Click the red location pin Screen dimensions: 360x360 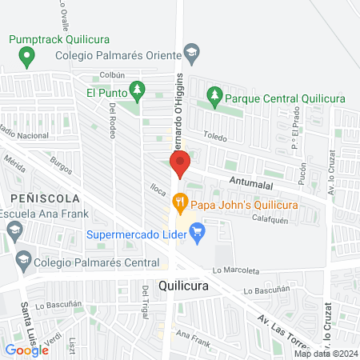pos(179,163)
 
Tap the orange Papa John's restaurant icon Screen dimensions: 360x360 pos(181,205)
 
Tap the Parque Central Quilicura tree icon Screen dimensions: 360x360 pos(214,98)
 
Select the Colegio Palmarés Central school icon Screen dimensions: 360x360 pos(23,261)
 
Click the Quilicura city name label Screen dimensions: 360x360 pos(184,286)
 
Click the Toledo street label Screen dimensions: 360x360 pos(215,138)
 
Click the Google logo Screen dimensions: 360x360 pos(26,350)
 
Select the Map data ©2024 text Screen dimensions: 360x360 pos(325,354)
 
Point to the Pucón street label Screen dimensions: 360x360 pos(302,174)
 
